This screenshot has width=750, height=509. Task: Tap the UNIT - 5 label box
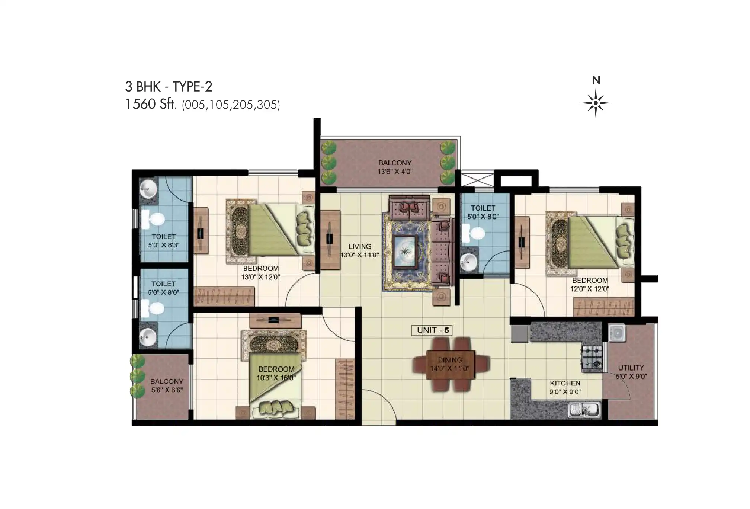tap(432, 330)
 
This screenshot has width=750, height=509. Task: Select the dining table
tap(451, 364)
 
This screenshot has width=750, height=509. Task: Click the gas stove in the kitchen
tap(592, 357)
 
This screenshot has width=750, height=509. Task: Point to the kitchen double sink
tap(584, 410)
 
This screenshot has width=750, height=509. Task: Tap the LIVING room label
tap(360, 246)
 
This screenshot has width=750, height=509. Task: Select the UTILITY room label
tap(631, 368)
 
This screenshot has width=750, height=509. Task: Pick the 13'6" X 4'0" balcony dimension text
tap(395, 172)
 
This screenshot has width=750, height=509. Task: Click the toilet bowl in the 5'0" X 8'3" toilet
tap(153, 220)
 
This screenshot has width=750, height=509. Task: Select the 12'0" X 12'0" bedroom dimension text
tap(590, 289)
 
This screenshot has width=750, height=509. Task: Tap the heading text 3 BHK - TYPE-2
tap(169, 87)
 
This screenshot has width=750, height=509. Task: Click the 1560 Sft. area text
tap(151, 104)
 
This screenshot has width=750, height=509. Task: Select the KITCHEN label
tap(565, 383)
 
